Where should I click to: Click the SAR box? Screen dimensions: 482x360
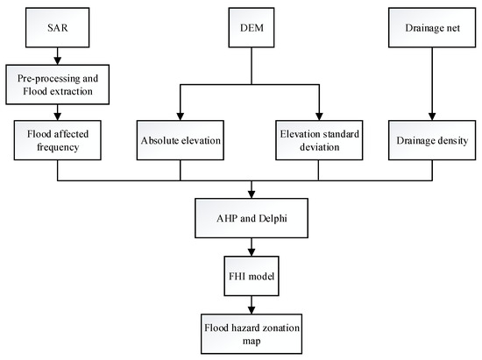pos(58,28)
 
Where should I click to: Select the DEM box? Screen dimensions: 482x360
pos(252,28)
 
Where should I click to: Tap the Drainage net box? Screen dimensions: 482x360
pos(432,28)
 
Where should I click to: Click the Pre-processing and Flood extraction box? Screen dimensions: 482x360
pos(58,84)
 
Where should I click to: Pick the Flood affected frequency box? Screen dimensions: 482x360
pos(58,140)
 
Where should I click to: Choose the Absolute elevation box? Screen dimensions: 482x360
pos(181,140)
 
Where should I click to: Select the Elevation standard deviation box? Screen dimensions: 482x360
pos(319,140)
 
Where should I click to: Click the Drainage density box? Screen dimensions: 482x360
pos(432,140)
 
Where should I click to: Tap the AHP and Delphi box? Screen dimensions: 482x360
pos(252,218)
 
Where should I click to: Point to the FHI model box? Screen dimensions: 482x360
pos(252,276)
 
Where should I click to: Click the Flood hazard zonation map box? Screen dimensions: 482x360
pos(252,334)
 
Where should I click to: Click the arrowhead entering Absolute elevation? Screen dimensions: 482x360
pos(181,116)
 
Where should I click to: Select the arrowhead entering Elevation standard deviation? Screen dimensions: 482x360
pos(319,116)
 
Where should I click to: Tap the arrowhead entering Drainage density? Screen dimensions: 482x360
pos(432,116)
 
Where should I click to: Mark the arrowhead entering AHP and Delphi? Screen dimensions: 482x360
pos(252,194)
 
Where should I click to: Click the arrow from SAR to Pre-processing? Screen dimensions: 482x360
pos(58,56)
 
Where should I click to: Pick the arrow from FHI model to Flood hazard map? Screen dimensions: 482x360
pos(252,305)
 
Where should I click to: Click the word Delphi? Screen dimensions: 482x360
pos(273,218)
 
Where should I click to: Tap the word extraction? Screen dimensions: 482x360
pos(72,91)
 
